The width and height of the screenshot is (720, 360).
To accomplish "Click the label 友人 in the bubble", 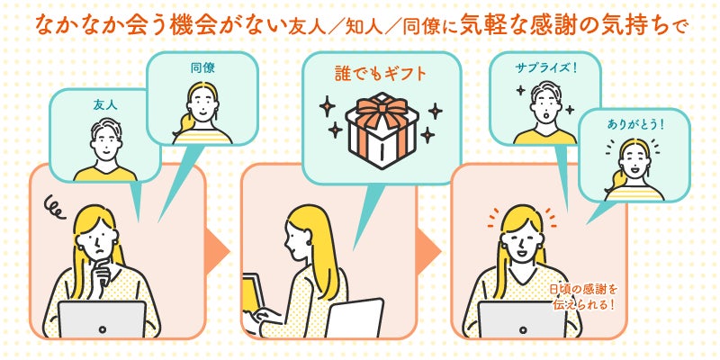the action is [105, 104].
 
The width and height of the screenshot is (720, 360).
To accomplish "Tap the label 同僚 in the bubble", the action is [202, 68].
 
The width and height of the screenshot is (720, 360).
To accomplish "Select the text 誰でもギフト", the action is [381, 74].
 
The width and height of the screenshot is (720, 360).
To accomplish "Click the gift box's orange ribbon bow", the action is [382, 108].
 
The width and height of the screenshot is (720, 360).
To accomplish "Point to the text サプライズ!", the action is [545, 68].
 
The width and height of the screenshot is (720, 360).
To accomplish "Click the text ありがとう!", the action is [635, 124].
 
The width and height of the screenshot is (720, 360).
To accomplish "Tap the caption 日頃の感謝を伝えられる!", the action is [584, 297].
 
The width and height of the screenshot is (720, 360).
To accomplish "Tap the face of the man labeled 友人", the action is [105, 145].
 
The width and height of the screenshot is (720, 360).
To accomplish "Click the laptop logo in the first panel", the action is [102, 329].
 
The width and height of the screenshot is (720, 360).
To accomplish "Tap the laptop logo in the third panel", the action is [523, 329].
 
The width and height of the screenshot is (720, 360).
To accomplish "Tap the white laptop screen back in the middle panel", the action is [355, 318].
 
